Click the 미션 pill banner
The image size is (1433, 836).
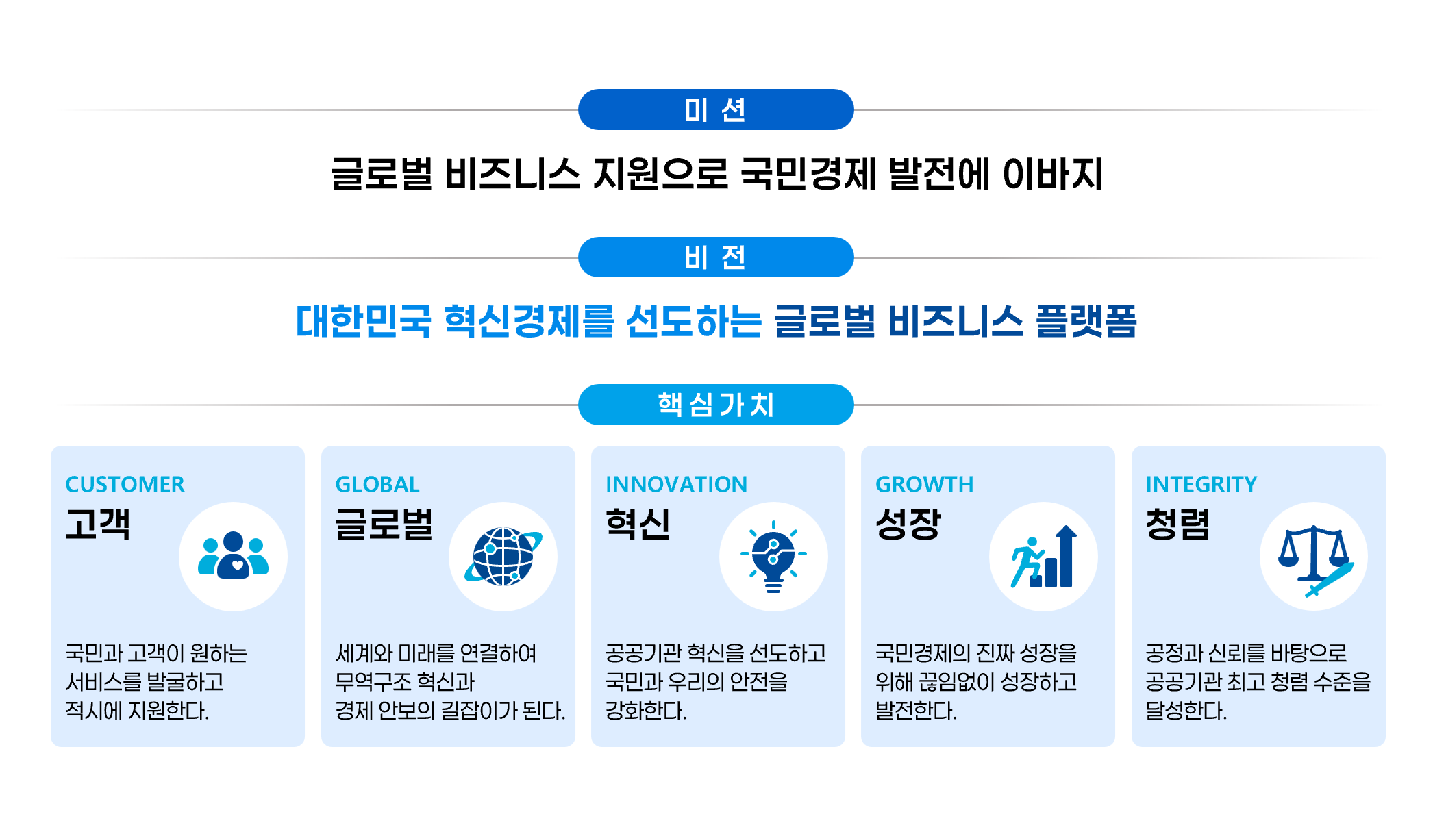click(716, 110)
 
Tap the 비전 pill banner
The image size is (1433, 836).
click(716, 257)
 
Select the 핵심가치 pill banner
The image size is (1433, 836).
click(716, 405)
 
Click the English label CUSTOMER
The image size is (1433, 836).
click(125, 484)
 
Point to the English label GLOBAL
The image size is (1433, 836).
click(377, 484)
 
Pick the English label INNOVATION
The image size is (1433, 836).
click(676, 484)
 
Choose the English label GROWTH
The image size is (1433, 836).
click(924, 484)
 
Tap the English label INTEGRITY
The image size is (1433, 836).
click(1201, 484)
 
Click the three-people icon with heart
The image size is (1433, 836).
click(233, 555)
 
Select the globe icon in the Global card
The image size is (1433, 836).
click(503, 557)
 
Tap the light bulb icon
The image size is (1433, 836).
click(773, 557)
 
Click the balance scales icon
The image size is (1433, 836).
click(1314, 560)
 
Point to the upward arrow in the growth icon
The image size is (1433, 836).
click(1066, 556)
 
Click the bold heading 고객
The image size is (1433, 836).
click(98, 524)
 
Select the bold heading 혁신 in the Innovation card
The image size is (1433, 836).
click(638, 524)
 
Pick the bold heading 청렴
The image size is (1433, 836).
click(1178, 524)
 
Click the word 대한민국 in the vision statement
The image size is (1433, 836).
click(364, 321)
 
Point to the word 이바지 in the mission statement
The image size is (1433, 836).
click(1053, 173)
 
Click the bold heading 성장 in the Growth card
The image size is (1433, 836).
click(908, 524)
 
